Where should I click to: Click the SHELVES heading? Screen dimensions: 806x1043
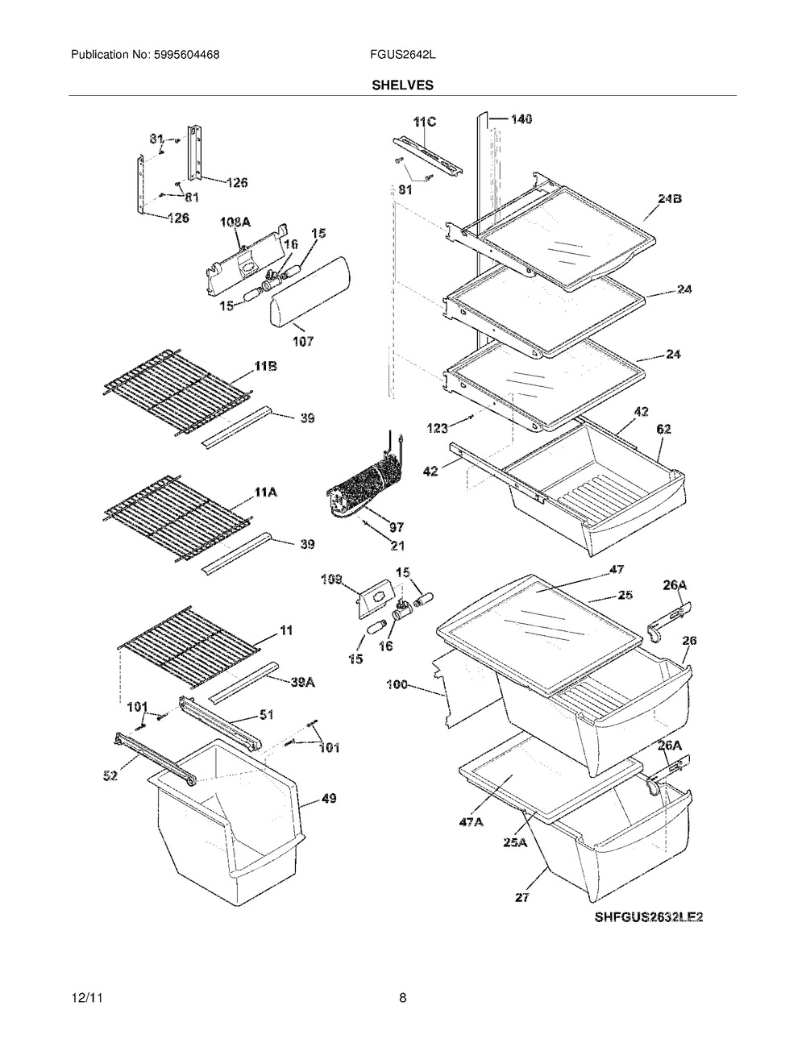(402, 85)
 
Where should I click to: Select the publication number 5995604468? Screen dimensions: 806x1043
(187, 55)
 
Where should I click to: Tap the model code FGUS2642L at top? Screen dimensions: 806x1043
(402, 55)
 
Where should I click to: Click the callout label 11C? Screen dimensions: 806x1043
(425, 122)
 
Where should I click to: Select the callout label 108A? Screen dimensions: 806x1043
(235, 222)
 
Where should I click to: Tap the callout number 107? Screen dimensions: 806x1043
(303, 341)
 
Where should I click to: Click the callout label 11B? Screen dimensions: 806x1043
(265, 368)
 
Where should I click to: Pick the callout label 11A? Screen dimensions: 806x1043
(265, 492)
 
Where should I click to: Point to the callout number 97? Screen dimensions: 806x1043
(397, 527)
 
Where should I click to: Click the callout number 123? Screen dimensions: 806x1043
(438, 428)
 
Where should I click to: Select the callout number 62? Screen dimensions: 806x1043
(664, 429)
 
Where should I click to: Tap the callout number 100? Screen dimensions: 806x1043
(398, 684)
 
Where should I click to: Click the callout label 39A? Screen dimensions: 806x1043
(303, 682)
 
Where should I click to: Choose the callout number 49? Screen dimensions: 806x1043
(329, 799)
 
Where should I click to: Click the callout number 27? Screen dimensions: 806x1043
(521, 897)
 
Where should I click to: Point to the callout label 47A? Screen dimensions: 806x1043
(472, 823)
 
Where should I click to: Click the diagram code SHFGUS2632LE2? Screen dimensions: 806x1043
(649, 917)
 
